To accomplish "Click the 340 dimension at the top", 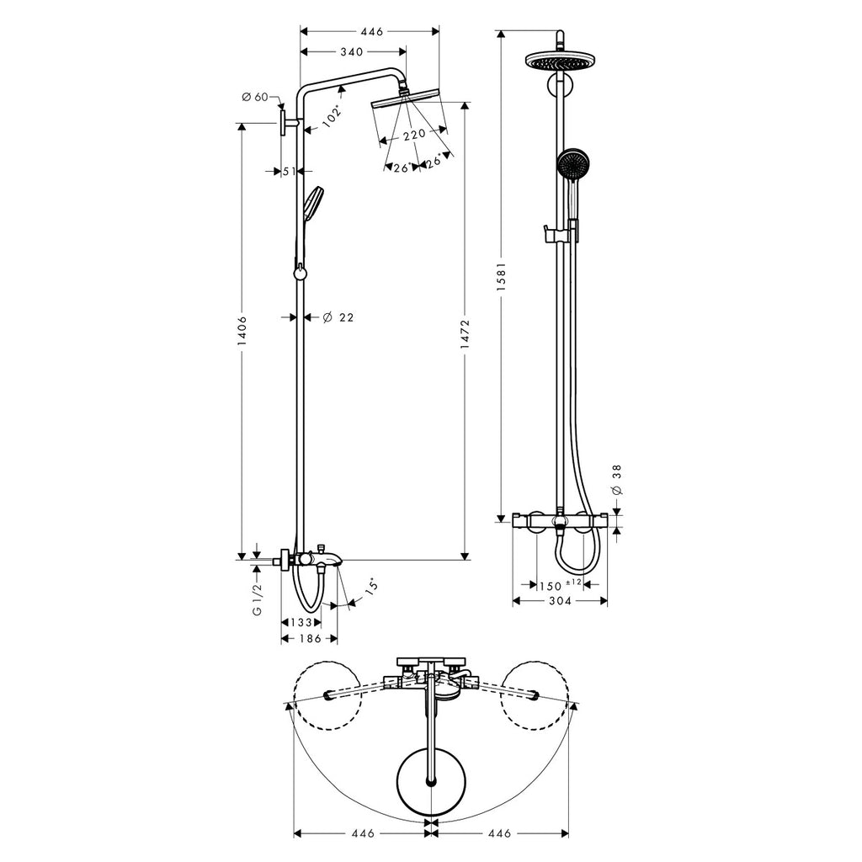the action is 352,51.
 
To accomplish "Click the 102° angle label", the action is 332,116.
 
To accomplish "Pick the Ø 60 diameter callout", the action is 254,97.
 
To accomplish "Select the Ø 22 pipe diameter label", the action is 338,317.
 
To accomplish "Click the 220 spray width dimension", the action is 414,134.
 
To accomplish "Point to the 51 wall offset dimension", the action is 290,172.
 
